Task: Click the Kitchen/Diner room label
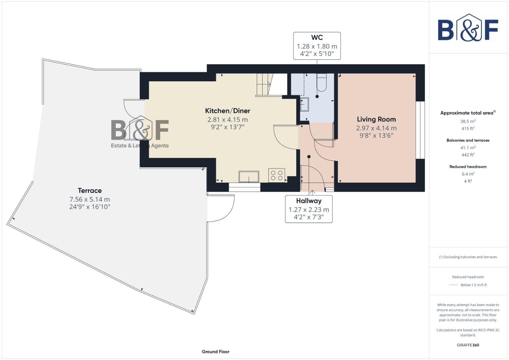[227, 111]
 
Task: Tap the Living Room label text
[376, 119]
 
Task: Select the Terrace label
[90, 191]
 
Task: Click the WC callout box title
[317, 38]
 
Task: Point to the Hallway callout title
[309, 201]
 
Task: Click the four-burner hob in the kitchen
[277, 175]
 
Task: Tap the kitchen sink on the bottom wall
[249, 177]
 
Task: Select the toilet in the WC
[321, 84]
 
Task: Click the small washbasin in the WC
[304, 104]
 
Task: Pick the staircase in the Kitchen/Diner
[264, 85]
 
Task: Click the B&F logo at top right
[468, 28]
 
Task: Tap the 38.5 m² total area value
[468, 122]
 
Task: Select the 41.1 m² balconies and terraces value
[468, 148]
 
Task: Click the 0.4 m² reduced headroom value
[468, 174]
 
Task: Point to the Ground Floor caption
[215, 352]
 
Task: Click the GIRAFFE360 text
[468, 345]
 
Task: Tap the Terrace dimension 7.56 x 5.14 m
[89, 199]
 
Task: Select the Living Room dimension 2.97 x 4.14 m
[376, 128]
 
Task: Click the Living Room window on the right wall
[420, 130]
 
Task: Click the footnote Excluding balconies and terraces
[468, 257]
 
